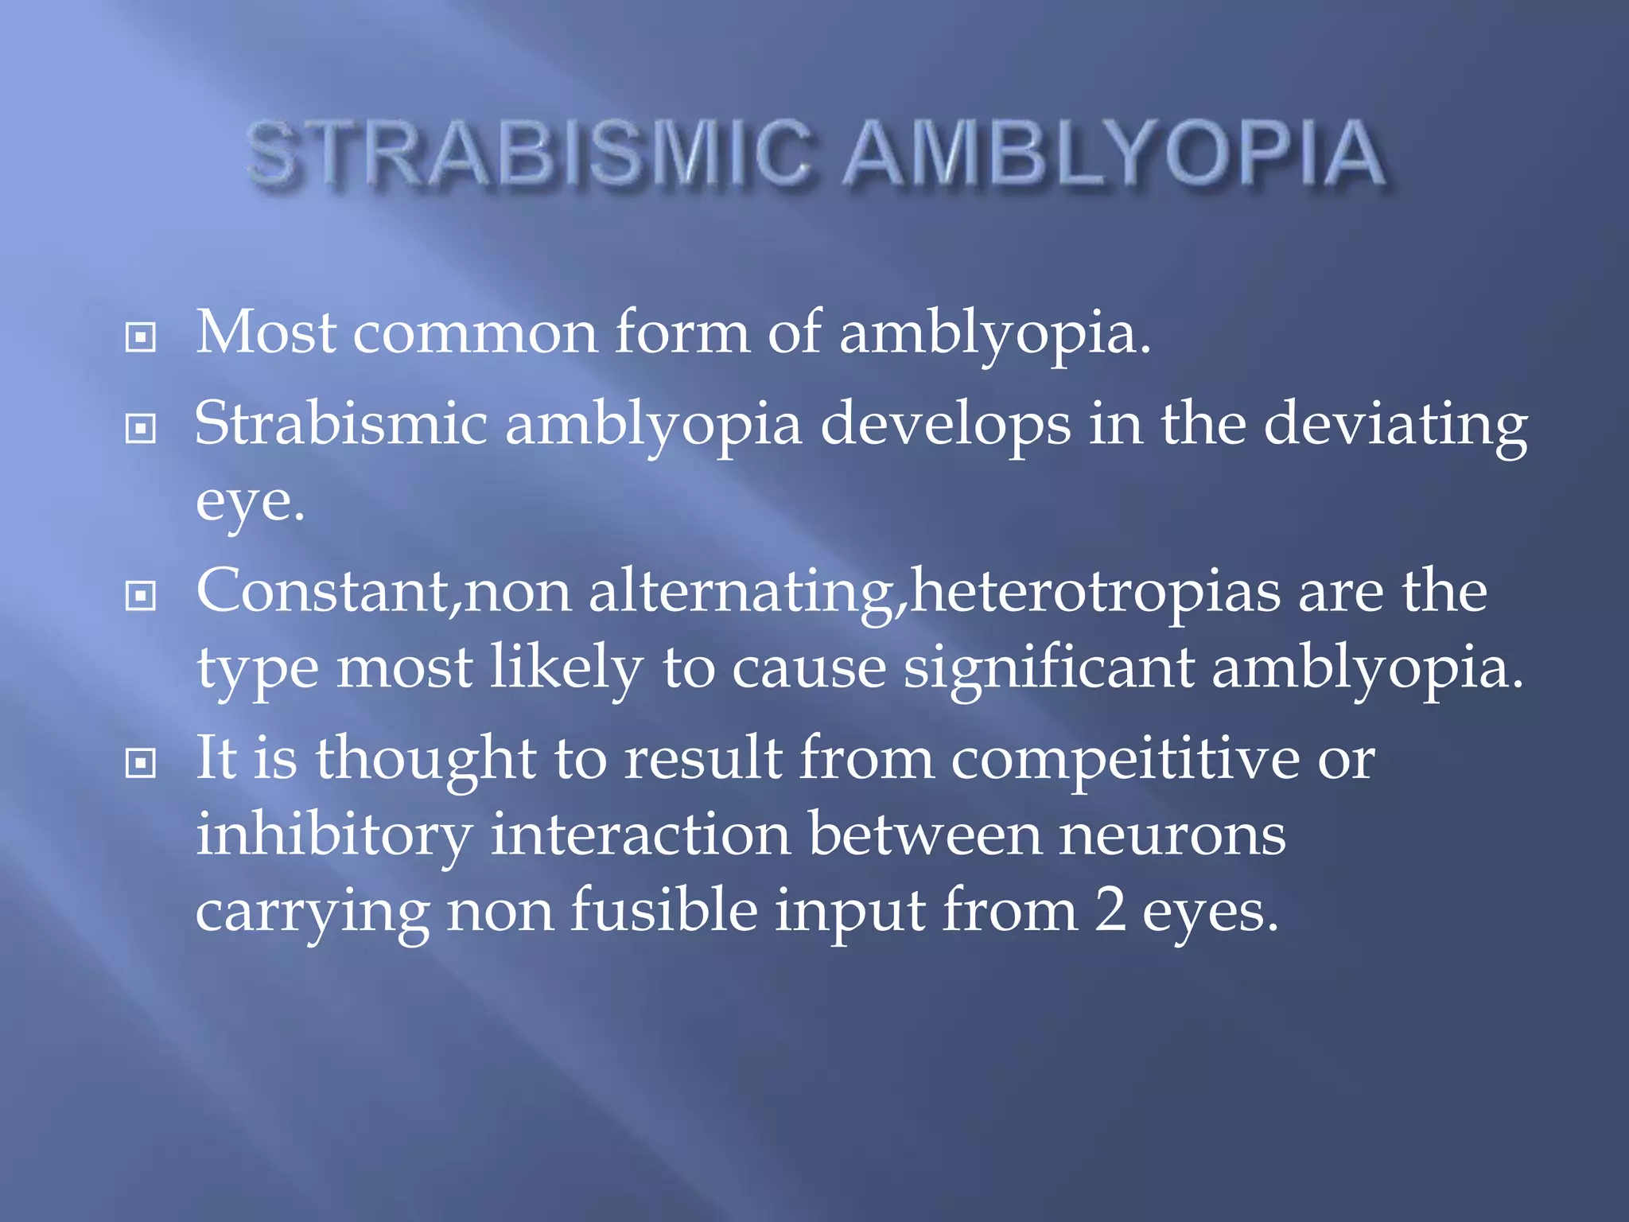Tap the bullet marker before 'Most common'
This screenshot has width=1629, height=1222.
point(141,337)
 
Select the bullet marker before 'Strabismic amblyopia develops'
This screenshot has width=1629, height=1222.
point(141,429)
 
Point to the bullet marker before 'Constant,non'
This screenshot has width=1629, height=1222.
point(141,596)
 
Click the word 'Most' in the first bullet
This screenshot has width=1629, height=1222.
point(266,333)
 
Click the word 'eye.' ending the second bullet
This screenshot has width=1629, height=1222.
point(250,503)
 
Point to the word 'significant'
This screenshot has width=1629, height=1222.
point(1048,668)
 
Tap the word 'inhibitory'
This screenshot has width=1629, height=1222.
point(334,835)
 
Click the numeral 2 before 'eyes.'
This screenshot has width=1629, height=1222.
point(1110,911)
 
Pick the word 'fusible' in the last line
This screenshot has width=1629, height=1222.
point(664,911)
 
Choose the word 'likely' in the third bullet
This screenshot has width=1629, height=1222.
point(566,668)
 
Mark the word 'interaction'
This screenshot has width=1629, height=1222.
point(640,835)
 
